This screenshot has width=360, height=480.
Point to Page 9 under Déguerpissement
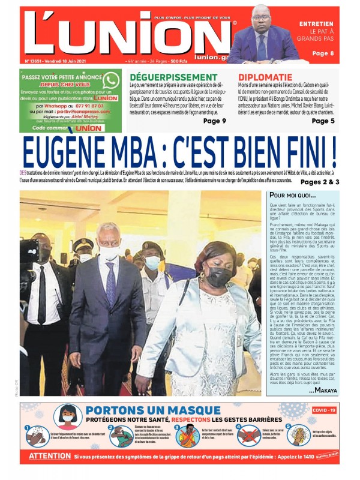point(215,121)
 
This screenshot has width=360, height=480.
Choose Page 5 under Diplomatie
point(323,121)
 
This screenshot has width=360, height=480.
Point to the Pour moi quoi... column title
point(292,196)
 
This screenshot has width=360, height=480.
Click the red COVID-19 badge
point(323,410)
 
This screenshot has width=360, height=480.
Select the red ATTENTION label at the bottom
point(50,456)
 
